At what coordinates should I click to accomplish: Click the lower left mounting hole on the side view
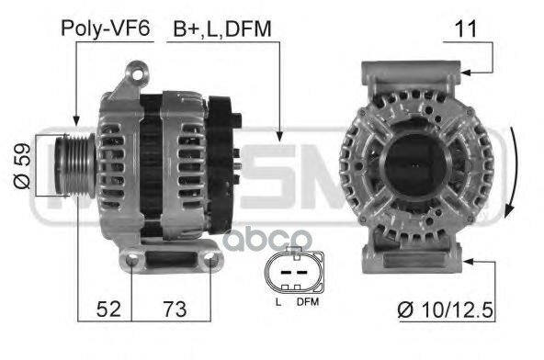click(135, 264)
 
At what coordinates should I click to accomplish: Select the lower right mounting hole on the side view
click(213, 264)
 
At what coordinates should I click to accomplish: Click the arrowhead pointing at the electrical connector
click(278, 137)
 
